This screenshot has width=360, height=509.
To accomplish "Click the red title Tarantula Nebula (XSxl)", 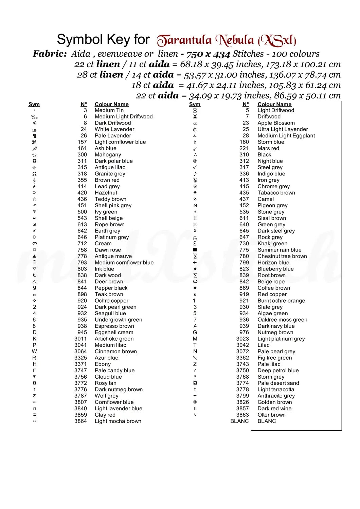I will (227, 40).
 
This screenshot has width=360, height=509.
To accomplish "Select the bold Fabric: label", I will (50, 54).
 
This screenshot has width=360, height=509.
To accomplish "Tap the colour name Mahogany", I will (108, 155).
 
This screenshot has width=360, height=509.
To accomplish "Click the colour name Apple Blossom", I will (276, 123).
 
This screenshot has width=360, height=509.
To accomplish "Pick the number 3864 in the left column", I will (80, 421).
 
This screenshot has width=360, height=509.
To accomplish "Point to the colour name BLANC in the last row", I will (267, 421).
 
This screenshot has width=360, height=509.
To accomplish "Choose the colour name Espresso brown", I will (114, 326).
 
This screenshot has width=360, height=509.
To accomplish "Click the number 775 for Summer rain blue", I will (244, 250).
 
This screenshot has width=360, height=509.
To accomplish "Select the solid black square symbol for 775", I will (195, 250).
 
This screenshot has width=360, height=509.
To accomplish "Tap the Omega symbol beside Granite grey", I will (34, 174).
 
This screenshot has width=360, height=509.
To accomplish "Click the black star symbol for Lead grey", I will (34, 186).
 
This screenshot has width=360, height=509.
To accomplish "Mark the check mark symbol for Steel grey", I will (195, 167).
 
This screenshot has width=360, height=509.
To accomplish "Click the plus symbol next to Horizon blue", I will (195, 263).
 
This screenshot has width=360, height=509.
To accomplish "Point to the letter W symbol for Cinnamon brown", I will (34, 351).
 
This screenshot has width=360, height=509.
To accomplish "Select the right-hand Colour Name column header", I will (274, 104).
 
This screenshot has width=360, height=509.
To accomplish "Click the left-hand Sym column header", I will (34, 104).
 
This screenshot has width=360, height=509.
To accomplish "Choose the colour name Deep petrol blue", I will (278, 371).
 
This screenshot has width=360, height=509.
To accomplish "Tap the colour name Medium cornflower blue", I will (124, 263).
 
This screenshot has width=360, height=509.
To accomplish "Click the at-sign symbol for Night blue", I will (195, 161).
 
